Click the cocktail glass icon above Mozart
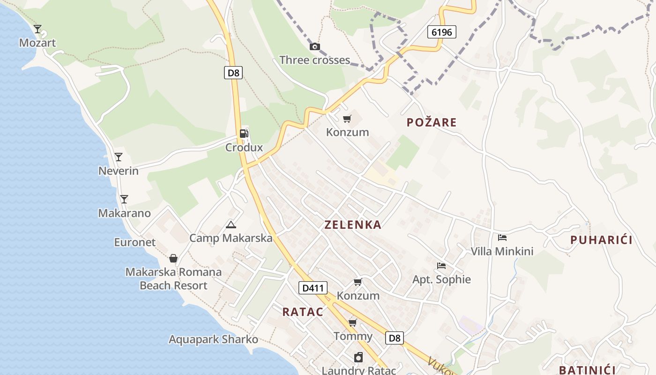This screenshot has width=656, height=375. click(x=37, y=29)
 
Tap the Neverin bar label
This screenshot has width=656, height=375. click(x=119, y=171)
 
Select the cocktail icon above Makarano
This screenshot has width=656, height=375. click(x=124, y=199)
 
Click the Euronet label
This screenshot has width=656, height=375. click(x=135, y=242)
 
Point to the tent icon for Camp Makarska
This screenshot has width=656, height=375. click(x=231, y=225)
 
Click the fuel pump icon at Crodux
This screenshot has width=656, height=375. click(x=244, y=134)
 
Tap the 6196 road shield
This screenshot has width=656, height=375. click(x=441, y=32)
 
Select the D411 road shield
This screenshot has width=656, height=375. click(x=313, y=288)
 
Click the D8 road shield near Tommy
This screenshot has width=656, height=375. click(x=395, y=337)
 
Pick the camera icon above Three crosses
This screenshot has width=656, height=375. click(x=315, y=46)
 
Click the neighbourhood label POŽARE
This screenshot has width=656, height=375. click(x=432, y=123)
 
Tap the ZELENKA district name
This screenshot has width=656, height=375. click(x=353, y=225)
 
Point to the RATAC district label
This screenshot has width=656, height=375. click(x=303, y=312)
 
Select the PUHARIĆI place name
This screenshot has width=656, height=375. click(x=601, y=240)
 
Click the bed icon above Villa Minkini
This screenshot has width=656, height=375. click(x=502, y=238)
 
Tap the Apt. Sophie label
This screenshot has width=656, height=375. click(x=441, y=280)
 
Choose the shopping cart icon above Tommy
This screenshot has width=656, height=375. click(x=353, y=323)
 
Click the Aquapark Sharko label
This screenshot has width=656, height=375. click(x=213, y=339)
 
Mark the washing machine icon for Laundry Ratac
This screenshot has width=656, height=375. click(x=358, y=358)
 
